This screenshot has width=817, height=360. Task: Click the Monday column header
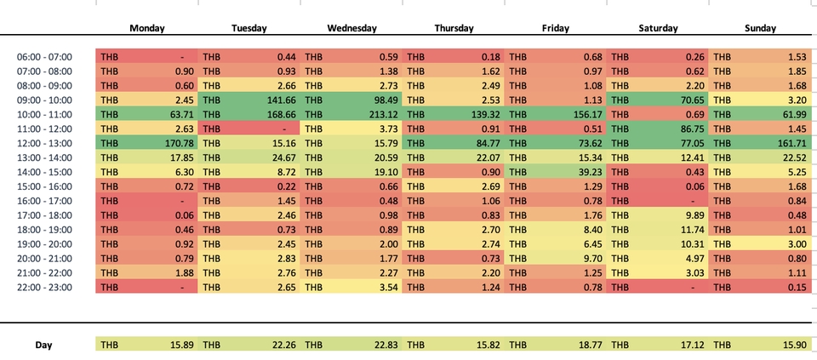[x=146, y=28]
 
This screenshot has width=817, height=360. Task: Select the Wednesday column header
[x=351, y=28]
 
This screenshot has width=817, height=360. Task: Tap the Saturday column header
[x=658, y=28]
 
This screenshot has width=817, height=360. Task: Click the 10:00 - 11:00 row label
[x=44, y=114]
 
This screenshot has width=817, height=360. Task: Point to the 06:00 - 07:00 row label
[x=44, y=56]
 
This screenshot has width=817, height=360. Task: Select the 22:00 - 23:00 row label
[x=44, y=288]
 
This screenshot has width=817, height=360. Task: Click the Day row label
[x=44, y=345]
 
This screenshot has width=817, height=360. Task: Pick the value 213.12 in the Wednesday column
[x=380, y=114]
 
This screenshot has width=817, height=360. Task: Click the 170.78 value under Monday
[x=176, y=143]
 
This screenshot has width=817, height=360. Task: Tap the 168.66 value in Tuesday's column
[x=278, y=114]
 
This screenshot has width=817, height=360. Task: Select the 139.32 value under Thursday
[x=483, y=114]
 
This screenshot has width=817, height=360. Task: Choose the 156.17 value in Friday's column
[x=585, y=114]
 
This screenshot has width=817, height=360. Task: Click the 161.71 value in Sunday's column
[x=789, y=143]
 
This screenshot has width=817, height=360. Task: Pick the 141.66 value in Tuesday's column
[x=278, y=100]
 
